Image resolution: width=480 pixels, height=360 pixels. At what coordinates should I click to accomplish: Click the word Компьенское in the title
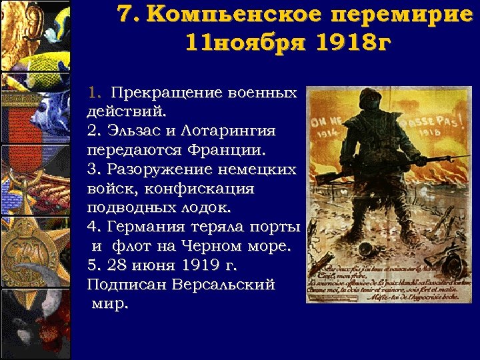click(227, 15)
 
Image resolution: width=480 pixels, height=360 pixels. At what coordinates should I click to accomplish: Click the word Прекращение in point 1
click(155, 91)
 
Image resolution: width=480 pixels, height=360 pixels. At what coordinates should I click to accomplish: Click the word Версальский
click(223, 285)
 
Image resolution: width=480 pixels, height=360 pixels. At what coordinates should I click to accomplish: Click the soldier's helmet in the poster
click(369, 99)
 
